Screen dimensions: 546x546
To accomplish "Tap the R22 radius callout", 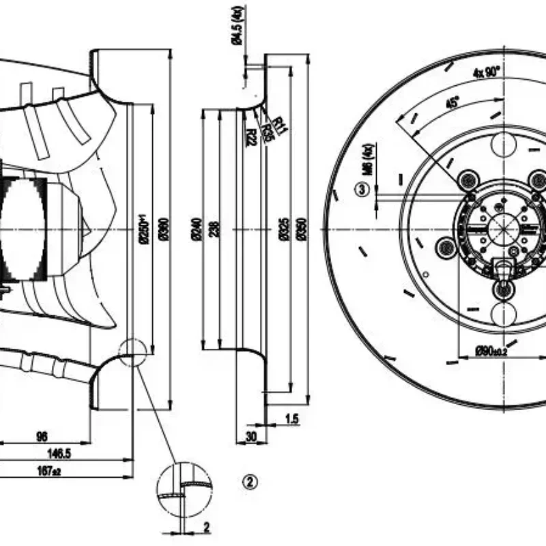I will tap(250, 136).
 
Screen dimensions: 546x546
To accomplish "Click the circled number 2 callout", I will tap(250, 482).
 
